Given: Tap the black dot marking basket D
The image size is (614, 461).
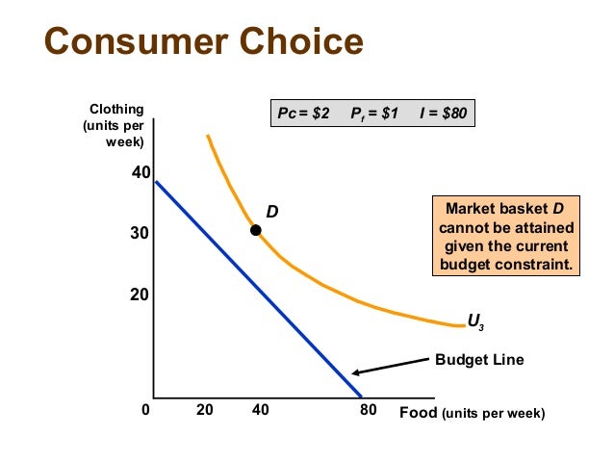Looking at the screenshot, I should click(x=255, y=230).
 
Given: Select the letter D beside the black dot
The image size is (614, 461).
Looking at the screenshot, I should click(x=272, y=211).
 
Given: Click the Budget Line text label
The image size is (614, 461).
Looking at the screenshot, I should click(x=479, y=360).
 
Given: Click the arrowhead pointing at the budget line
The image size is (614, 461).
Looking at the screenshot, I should click(x=356, y=373).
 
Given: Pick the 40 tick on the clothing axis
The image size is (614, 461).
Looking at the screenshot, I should click(x=141, y=174).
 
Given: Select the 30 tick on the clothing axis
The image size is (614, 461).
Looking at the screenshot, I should click(x=141, y=234).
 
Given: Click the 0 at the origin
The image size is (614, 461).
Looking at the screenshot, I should click(x=145, y=412).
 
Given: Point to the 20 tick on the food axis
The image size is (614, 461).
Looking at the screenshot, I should click(x=204, y=412).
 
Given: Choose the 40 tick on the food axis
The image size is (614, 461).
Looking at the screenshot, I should click(x=260, y=412).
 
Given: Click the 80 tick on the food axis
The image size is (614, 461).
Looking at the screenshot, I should click(x=369, y=412).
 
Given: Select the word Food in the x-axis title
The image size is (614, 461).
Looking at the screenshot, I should click(x=419, y=412).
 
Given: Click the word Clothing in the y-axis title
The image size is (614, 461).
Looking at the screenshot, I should click(x=117, y=110).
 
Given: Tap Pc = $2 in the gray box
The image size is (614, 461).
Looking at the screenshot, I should click(x=303, y=114).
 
